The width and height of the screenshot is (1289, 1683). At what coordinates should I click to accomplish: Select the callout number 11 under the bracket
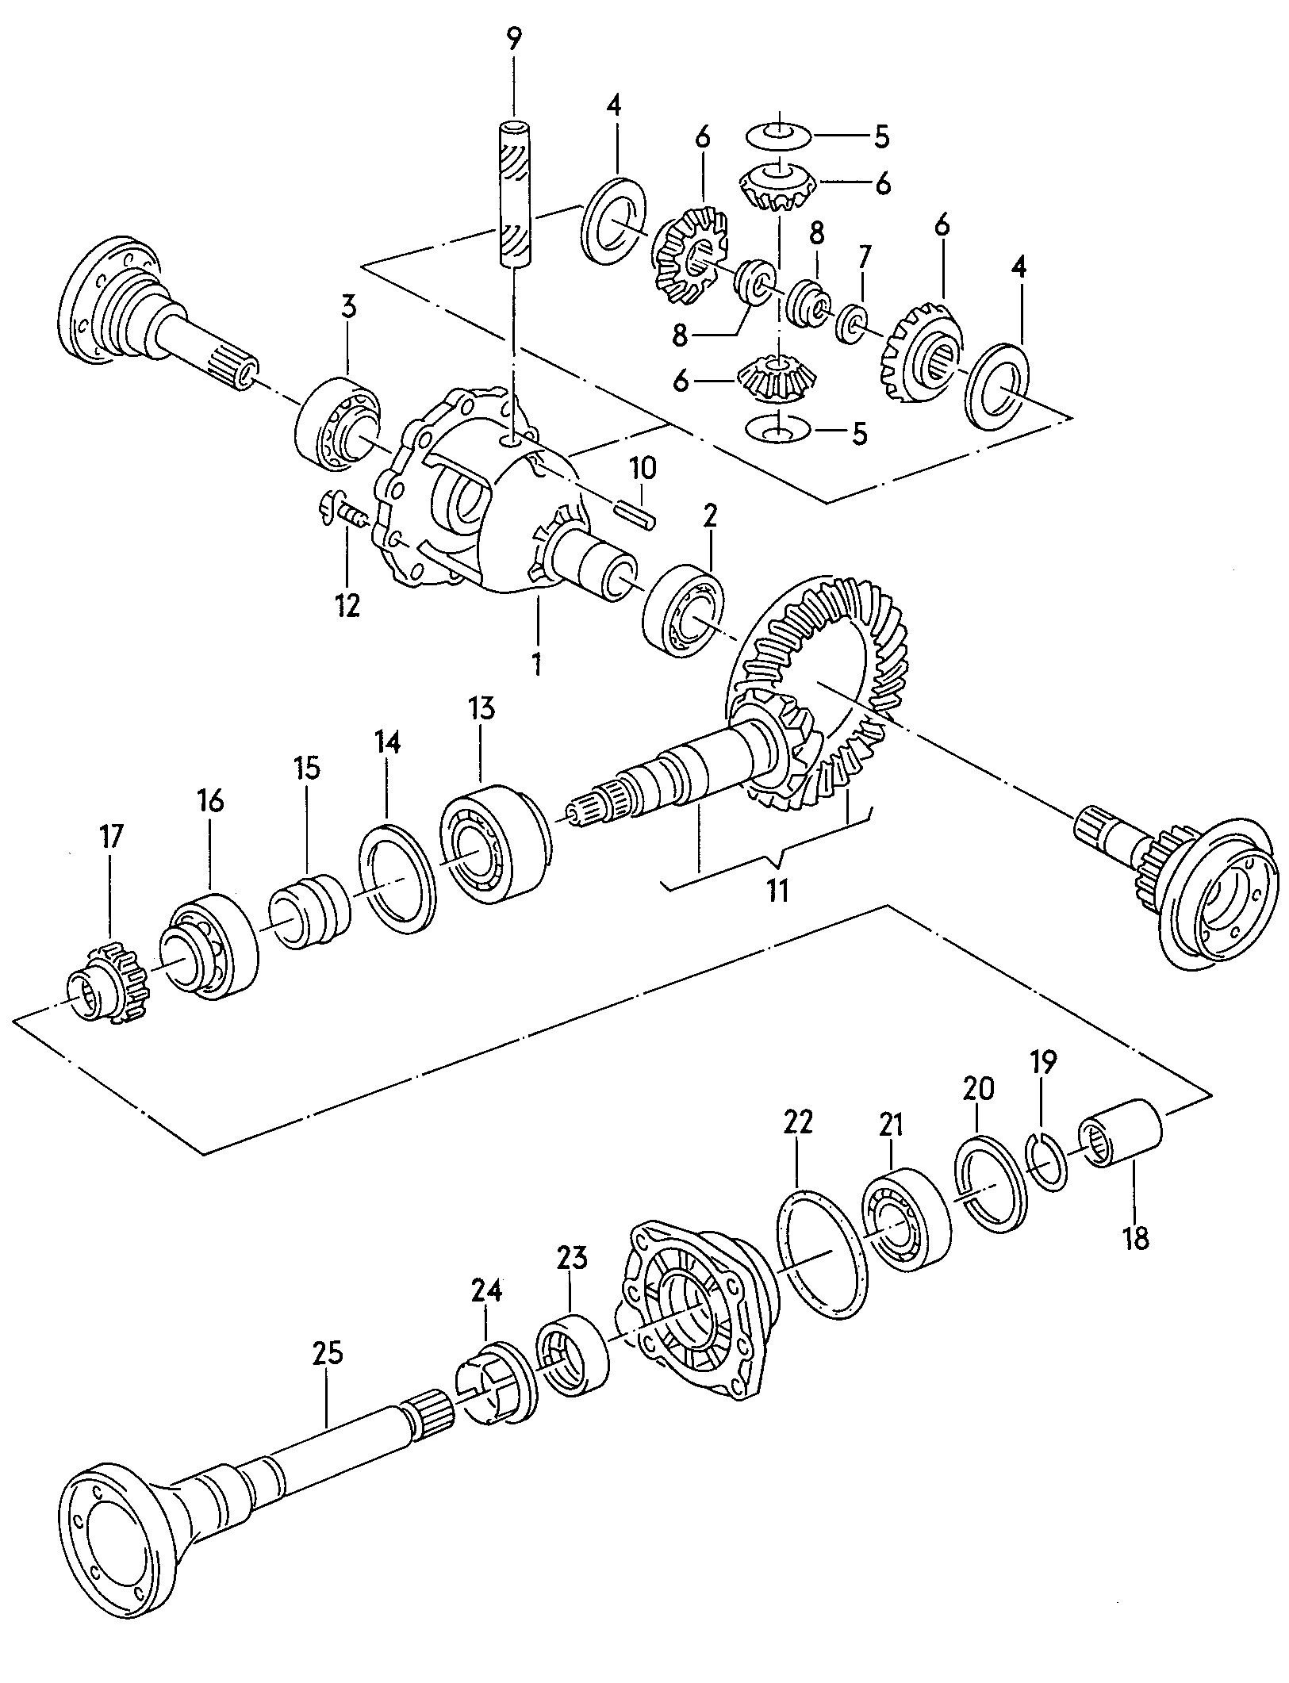tap(777, 891)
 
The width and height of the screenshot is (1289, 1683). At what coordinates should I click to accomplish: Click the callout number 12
tap(347, 605)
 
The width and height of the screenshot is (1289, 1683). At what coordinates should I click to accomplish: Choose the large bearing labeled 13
tap(494, 844)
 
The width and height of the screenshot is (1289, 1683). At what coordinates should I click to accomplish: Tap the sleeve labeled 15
tap(308, 911)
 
